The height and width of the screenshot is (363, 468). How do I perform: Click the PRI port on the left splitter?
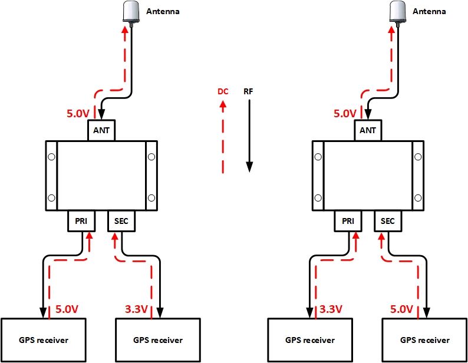point(81,221)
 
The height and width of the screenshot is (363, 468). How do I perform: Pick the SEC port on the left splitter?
point(121,221)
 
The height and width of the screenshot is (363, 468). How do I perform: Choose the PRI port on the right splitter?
point(348,221)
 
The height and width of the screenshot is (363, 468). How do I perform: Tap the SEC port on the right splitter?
point(388,221)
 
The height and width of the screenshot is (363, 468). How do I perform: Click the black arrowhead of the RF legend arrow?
point(249,167)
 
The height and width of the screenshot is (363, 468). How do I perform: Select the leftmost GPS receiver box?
point(42,340)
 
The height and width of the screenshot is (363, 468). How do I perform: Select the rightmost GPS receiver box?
point(424,340)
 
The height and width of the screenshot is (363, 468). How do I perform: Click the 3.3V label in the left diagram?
point(137,309)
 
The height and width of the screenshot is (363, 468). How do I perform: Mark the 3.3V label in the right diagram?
point(331,309)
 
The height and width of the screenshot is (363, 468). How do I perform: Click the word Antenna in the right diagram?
point(429,11)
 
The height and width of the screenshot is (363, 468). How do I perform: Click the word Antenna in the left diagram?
point(162,11)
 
